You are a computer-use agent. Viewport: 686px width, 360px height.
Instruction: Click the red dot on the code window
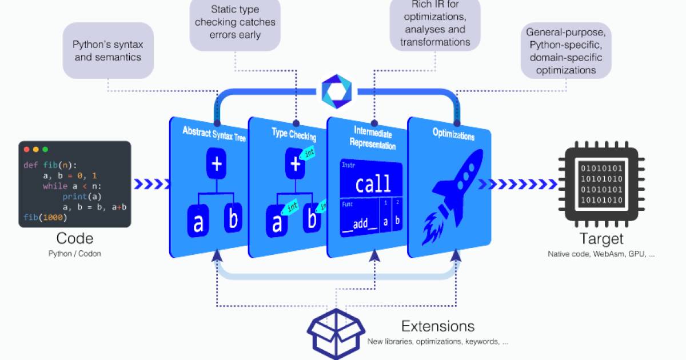pyautogui.click(x=26, y=149)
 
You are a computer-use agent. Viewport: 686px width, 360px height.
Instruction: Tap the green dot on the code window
pyautogui.click(x=45, y=149)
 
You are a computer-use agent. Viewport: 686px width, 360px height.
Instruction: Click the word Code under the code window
pyautogui.click(x=75, y=238)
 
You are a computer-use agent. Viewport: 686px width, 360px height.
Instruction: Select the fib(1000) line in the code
pyautogui.click(x=45, y=218)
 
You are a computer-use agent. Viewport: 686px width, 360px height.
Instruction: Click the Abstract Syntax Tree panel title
pyautogui.click(x=214, y=134)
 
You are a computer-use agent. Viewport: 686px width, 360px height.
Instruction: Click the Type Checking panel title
pyautogui.click(x=294, y=134)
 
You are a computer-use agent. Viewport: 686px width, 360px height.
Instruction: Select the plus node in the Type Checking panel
pyautogui.click(x=295, y=164)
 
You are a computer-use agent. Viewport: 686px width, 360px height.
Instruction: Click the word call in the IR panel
pyautogui.click(x=373, y=184)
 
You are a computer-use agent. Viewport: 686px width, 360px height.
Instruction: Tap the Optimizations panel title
pyautogui.click(x=453, y=135)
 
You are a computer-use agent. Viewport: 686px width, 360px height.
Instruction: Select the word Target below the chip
pyautogui.click(x=601, y=238)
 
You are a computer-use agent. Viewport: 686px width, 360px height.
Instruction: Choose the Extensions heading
pyautogui.click(x=437, y=326)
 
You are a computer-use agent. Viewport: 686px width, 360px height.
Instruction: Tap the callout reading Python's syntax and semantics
pyautogui.click(x=107, y=50)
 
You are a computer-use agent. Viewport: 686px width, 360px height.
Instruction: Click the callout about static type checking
pyautogui.click(x=235, y=23)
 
